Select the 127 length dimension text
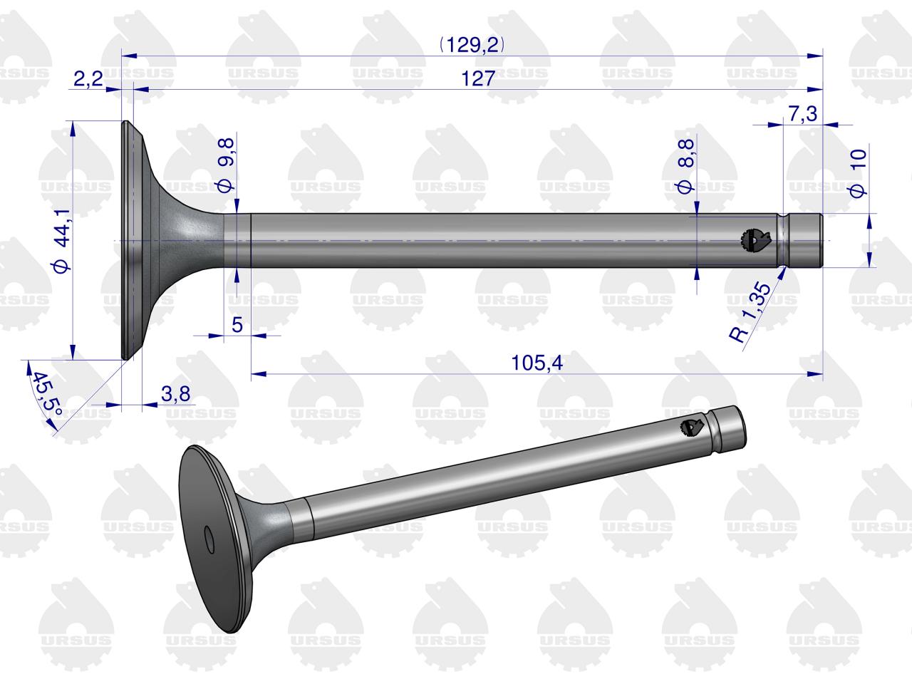(x=478, y=78)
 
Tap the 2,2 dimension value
(x=88, y=78)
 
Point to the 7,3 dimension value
(x=803, y=113)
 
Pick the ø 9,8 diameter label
(x=227, y=165)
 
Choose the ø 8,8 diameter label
(x=686, y=166)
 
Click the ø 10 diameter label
(x=859, y=173)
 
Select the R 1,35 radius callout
(x=750, y=311)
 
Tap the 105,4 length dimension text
(x=537, y=363)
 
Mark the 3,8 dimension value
(x=175, y=394)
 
